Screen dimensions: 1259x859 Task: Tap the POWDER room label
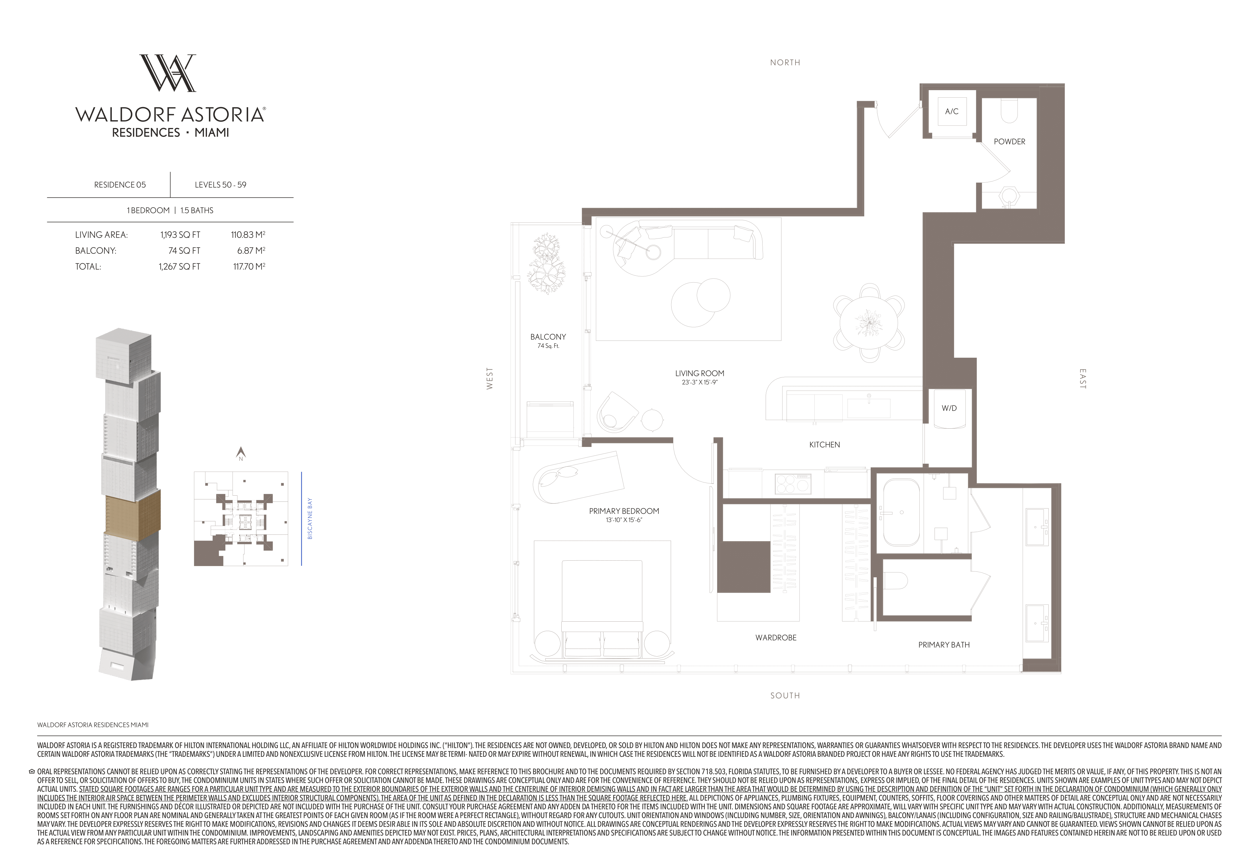pos(1009,141)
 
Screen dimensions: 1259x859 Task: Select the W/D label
pos(949,408)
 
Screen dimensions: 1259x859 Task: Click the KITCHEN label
pos(825,444)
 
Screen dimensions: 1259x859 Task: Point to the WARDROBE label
pos(776,637)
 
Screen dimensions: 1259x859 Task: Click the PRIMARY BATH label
pos(944,644)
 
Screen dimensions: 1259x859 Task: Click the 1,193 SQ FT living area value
pos(180,235)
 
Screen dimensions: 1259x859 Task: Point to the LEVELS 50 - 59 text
pos(221,185)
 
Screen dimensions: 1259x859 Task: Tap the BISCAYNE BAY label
pos(310,519)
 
